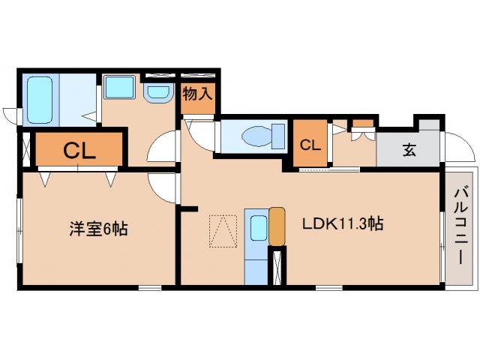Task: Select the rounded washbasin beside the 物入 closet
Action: point(158,92)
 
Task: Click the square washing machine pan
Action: point(118,87)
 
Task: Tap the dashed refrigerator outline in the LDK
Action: point(223,230)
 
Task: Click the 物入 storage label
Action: point(198,94)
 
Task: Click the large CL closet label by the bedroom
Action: point(78,150)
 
